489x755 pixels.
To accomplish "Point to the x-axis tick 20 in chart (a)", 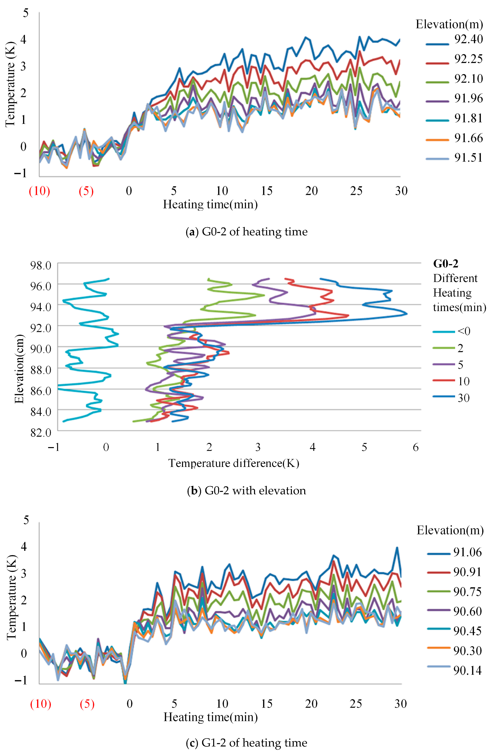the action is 311,191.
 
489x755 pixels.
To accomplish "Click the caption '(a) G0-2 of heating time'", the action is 246,232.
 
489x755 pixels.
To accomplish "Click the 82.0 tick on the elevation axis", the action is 41,432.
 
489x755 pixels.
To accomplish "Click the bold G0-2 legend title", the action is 446,264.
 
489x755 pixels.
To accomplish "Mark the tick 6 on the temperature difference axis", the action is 415,447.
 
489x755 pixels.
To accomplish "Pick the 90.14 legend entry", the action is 454,670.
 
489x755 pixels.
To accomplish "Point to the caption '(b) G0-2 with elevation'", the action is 246,491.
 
